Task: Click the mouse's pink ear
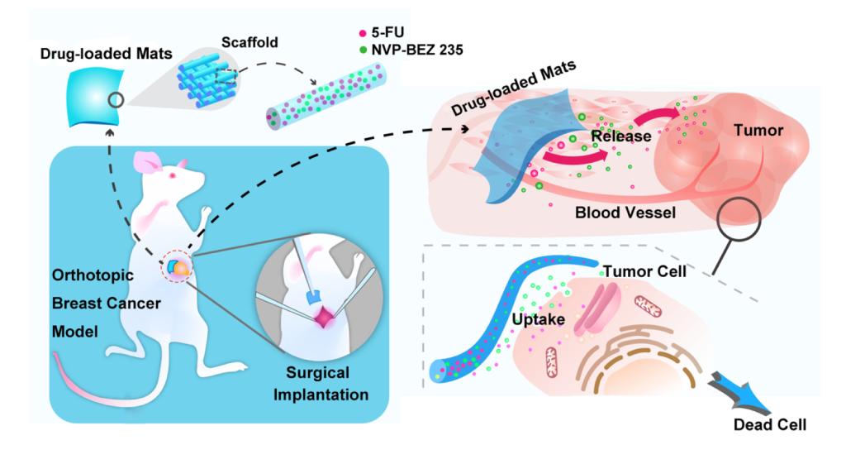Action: (148, 163)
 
